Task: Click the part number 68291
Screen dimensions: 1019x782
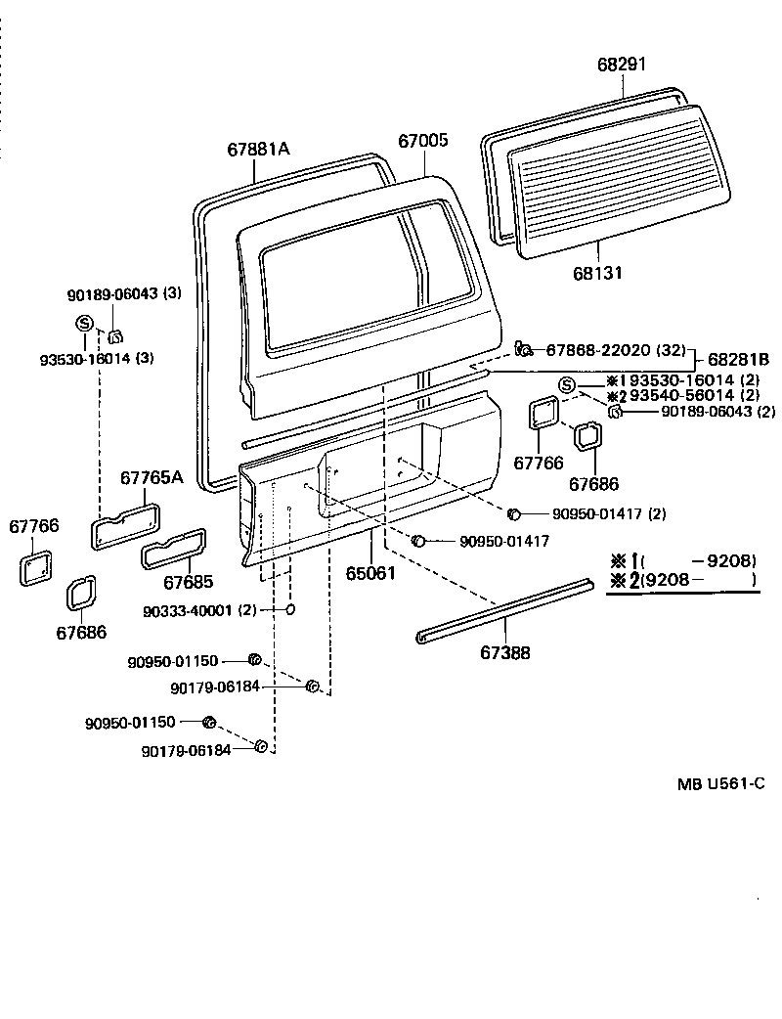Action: coord(622,66)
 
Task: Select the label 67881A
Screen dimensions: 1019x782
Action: coord(259,150)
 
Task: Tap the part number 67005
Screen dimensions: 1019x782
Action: coord(422,141)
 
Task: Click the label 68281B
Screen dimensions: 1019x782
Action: coord(738,360)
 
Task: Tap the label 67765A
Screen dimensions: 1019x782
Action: coord(152,477)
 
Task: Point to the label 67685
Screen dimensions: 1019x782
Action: coord(188,583)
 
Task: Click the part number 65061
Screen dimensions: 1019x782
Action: coord(371,572)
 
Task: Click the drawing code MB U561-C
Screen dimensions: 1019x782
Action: coord(720,783)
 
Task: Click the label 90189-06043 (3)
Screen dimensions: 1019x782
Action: coord(124,293)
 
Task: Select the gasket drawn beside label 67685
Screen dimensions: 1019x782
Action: coord(174,550)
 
